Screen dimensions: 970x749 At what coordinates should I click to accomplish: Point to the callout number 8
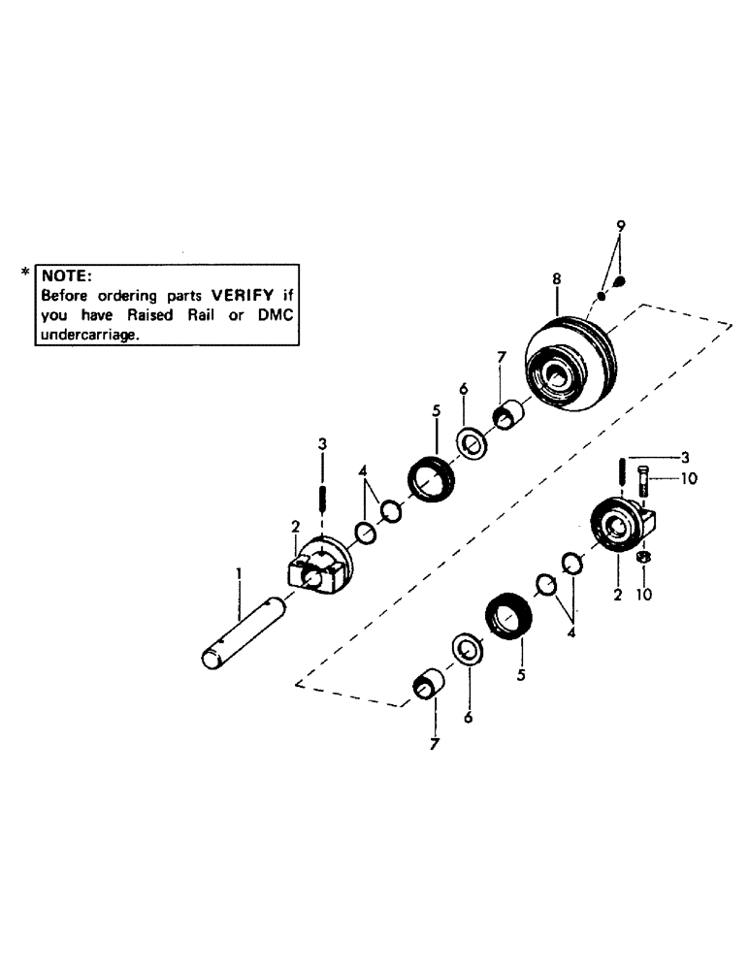pyautogui.click(x=556, y=279)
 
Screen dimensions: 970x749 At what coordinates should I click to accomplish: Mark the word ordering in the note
pyautogui.click(x=126, y=294)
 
